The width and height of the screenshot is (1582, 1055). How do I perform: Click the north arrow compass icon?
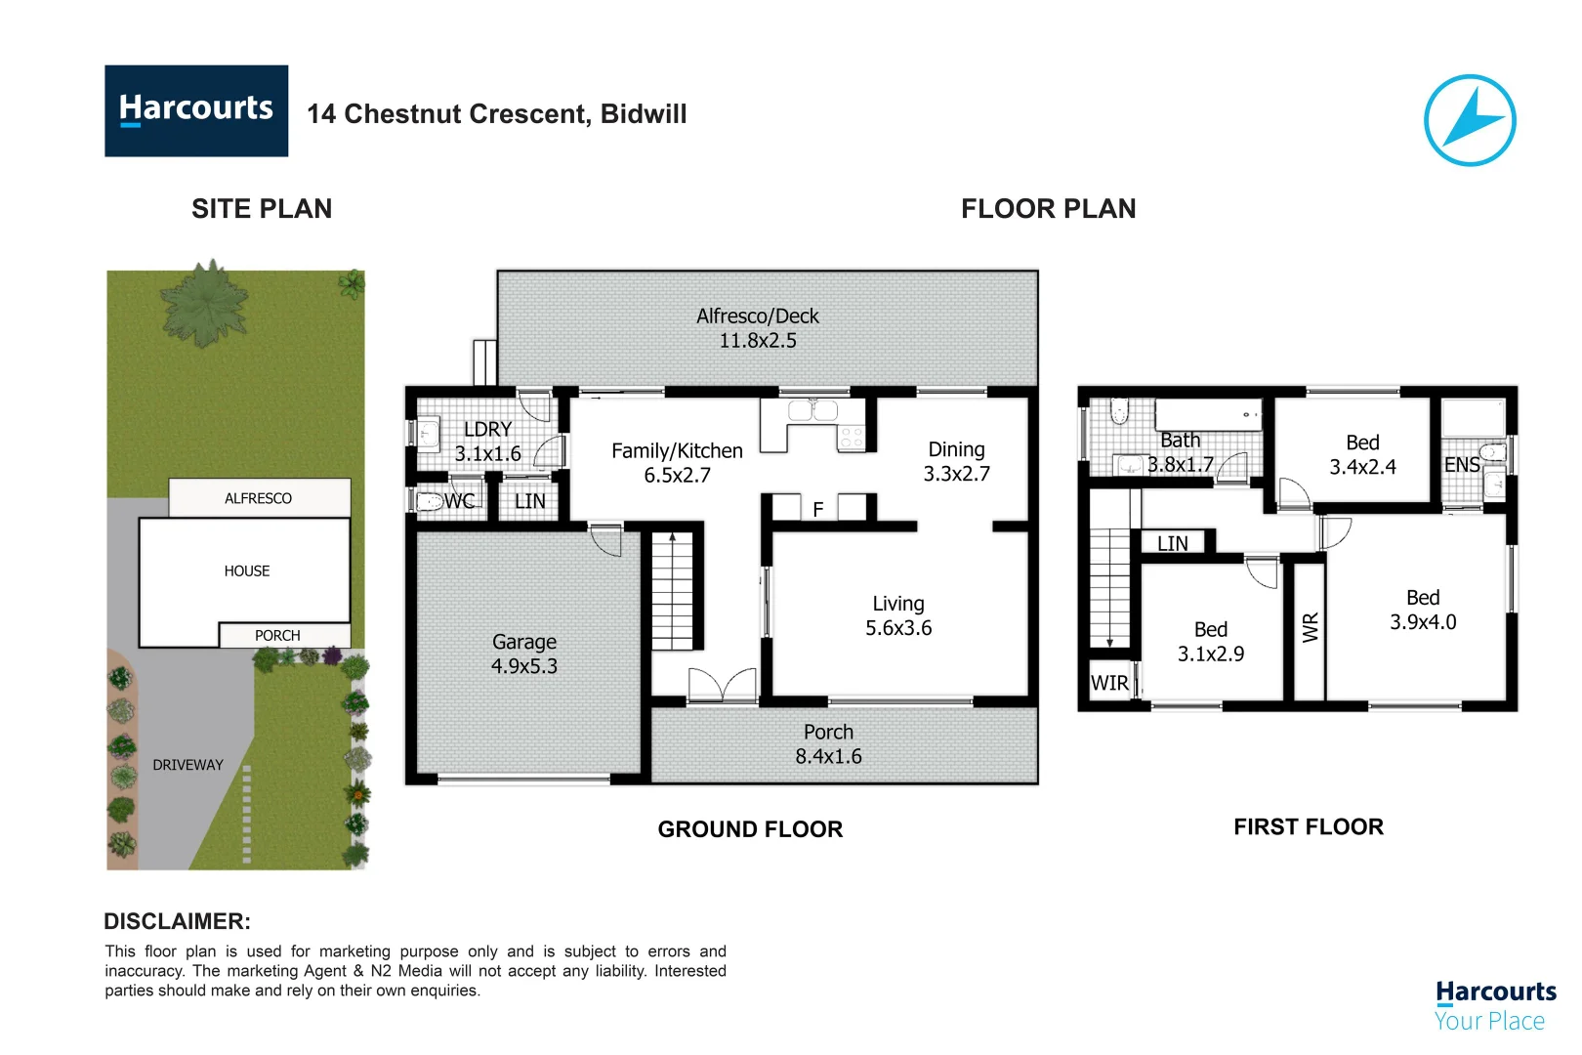coord(1470,120)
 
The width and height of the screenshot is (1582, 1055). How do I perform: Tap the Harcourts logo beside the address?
coord(196,111)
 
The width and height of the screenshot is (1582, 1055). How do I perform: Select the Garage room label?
coord(524,642)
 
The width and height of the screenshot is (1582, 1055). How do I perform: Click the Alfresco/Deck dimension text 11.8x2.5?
coord(758,341)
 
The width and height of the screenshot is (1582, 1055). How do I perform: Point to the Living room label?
coord(898,604)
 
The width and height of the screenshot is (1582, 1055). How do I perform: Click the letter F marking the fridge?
coord(817,510)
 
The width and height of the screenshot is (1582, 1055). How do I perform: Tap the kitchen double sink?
coord(812,410)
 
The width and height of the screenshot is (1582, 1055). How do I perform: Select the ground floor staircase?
coord(672,591)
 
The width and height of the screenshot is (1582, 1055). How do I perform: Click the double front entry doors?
coord(722,685)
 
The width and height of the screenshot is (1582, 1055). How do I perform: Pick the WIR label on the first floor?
coord(1109,684)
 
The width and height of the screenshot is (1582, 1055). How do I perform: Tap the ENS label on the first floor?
coord(1462,465)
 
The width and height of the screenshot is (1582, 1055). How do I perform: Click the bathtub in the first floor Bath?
coord(1208,415)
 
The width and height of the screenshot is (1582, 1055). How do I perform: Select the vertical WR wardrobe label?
coord(1311,627)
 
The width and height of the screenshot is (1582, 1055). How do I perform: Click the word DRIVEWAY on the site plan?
coord(187,765)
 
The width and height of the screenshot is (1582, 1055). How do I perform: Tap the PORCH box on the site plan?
coord(284,635)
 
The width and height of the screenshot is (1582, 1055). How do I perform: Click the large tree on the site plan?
coord(204,304)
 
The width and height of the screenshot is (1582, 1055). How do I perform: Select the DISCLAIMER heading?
coord(178,921)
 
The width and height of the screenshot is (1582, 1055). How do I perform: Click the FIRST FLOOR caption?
coord(1309,826)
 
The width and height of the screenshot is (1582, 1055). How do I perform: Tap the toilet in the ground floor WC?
coord(430,502)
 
